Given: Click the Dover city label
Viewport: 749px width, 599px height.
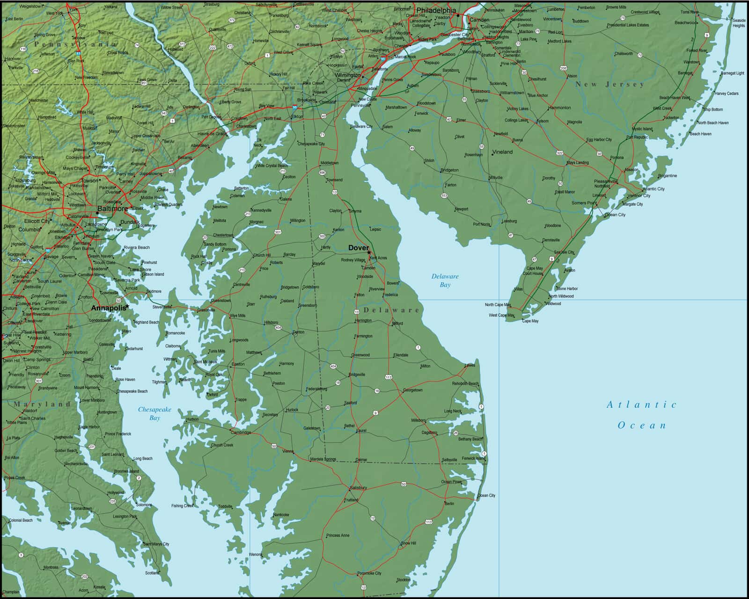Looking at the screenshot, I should click(x=358, y=248).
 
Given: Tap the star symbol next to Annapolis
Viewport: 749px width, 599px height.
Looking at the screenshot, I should click(x=127, y=306).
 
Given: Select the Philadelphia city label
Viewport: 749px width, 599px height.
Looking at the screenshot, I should click(x=435, y=10).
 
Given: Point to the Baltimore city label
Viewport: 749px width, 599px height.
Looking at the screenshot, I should click(x=112, y=209).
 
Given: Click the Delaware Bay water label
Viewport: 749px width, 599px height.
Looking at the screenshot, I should click(x=445, y=280).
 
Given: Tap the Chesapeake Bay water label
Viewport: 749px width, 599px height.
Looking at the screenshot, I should click(x=154, y=413).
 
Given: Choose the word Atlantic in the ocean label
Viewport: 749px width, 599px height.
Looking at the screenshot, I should click(x=641, y=405).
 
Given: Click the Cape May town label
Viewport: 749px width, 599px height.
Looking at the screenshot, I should click(x=530, y=321).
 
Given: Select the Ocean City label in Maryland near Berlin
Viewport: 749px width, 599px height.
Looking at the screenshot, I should click(x=486, y=495).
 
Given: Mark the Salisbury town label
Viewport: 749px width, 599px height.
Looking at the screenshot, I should click(x=358, y=488).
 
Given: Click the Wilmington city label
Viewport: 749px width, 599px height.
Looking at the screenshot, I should click(x=347, y=75).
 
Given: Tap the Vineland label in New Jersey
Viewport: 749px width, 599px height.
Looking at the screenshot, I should click(x=502, y=152).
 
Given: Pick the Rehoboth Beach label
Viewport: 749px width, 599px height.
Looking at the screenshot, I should click(x=465, y=383).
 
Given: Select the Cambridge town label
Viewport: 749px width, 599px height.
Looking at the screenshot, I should click(x=241, y=433).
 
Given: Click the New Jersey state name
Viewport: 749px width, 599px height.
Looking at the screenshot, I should click(x=609, y=85).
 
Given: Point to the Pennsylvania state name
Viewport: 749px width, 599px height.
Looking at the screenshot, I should click(x=75, y=44).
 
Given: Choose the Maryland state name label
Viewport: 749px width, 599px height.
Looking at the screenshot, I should click(x=42, y=404).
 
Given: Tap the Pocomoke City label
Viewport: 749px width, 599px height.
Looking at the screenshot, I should click(x=369, y=573).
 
